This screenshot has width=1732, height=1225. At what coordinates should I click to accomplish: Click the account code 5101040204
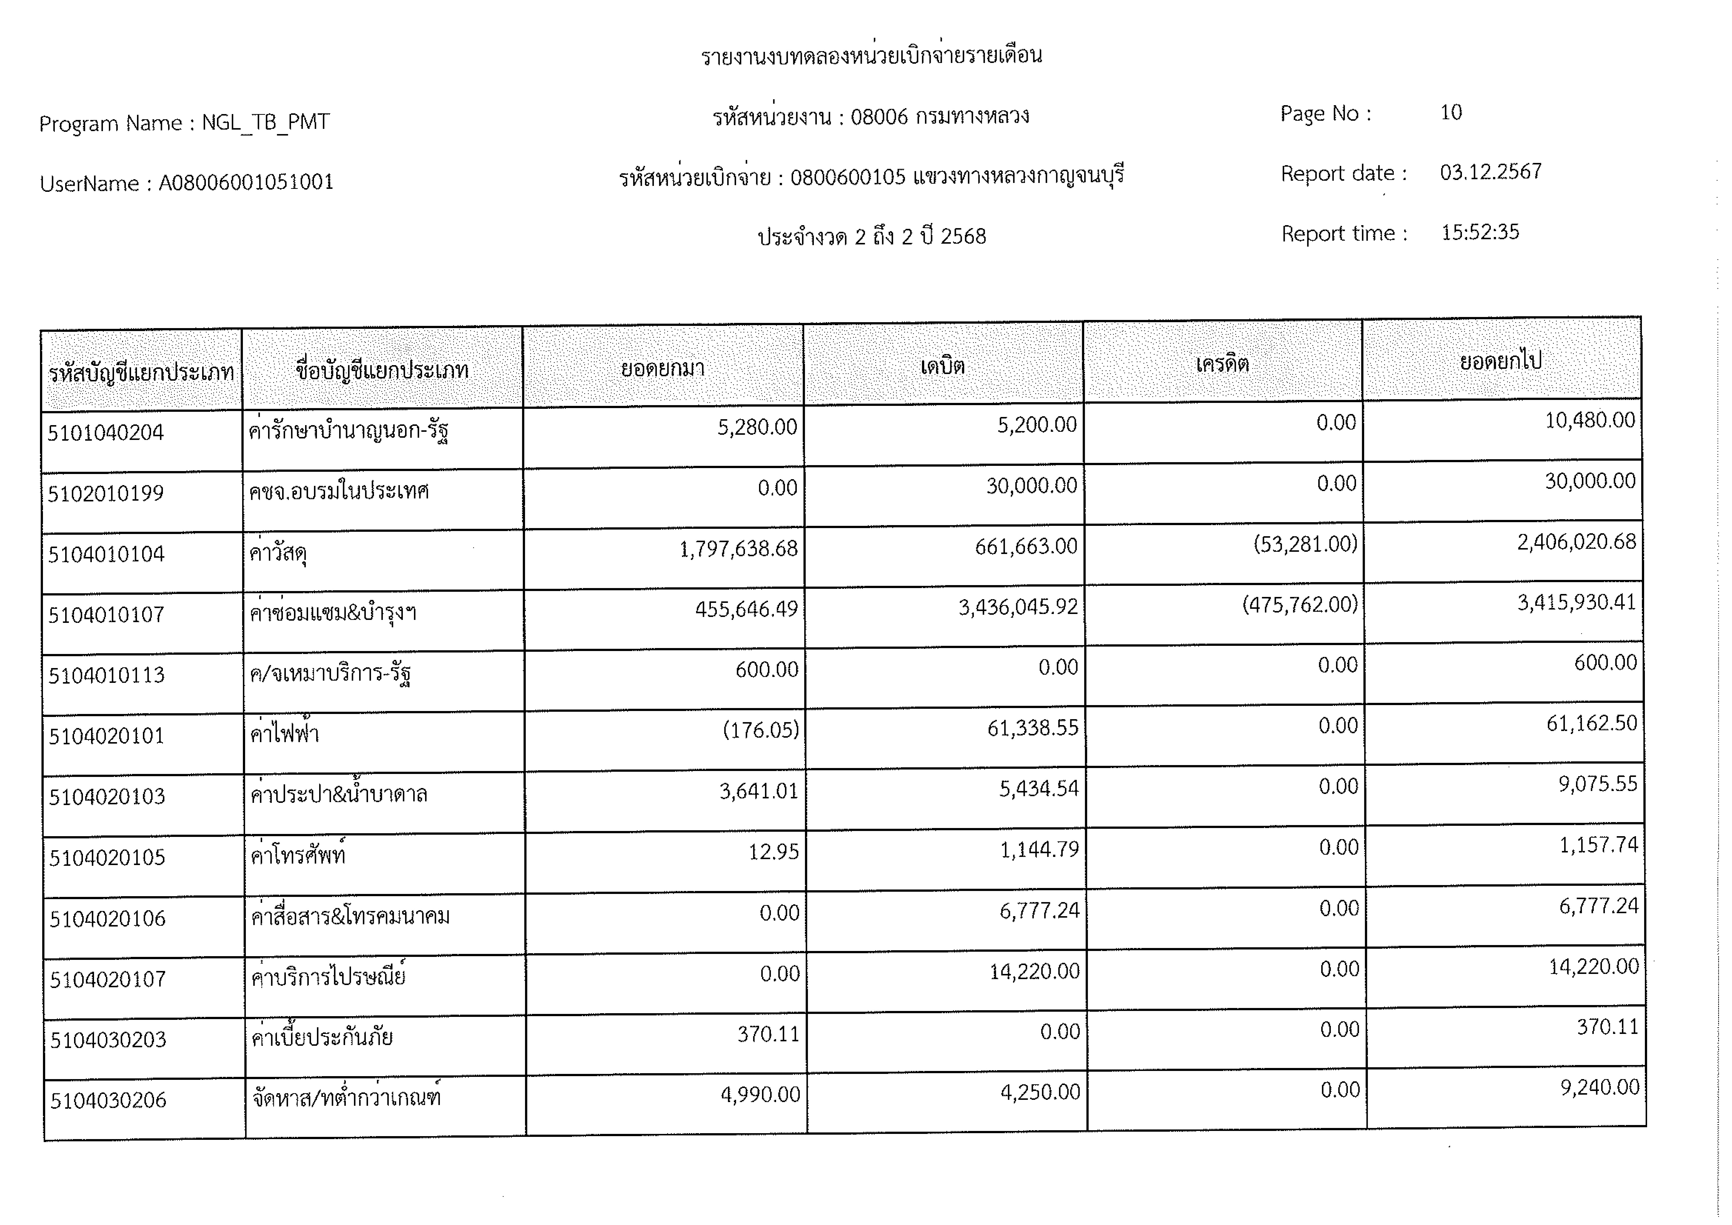106,433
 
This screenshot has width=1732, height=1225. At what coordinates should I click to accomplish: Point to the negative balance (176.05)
760,730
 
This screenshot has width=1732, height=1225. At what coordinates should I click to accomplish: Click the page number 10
1451,112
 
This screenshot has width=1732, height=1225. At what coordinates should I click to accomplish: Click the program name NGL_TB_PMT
266,122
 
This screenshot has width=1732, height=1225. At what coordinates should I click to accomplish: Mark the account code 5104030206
109,1101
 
